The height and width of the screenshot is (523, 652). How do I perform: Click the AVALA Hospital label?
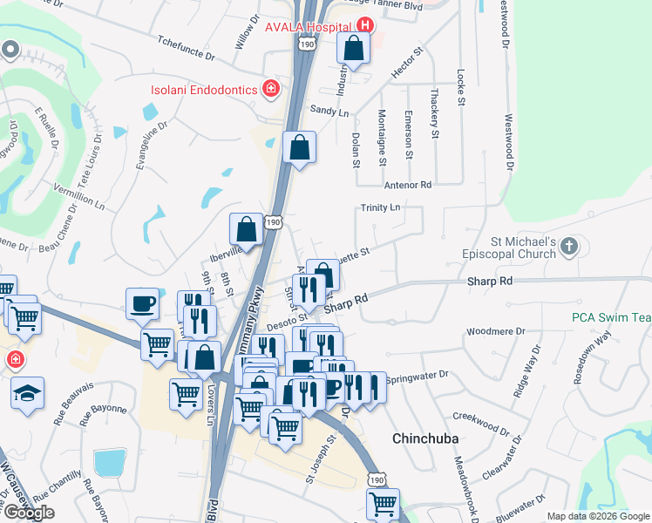click(x=308, y=25)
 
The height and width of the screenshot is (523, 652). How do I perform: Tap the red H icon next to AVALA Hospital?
click(x=365, y=26)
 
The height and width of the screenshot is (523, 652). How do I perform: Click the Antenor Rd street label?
click(x=408, y=185)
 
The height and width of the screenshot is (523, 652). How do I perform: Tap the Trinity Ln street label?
click(x=381, y=207)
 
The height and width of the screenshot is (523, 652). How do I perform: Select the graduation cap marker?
click(x=27, y=393)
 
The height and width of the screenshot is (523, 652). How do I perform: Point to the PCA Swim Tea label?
click(x=611, y=318)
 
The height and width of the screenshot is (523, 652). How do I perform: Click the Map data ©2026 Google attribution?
click(x=598, y=516)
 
